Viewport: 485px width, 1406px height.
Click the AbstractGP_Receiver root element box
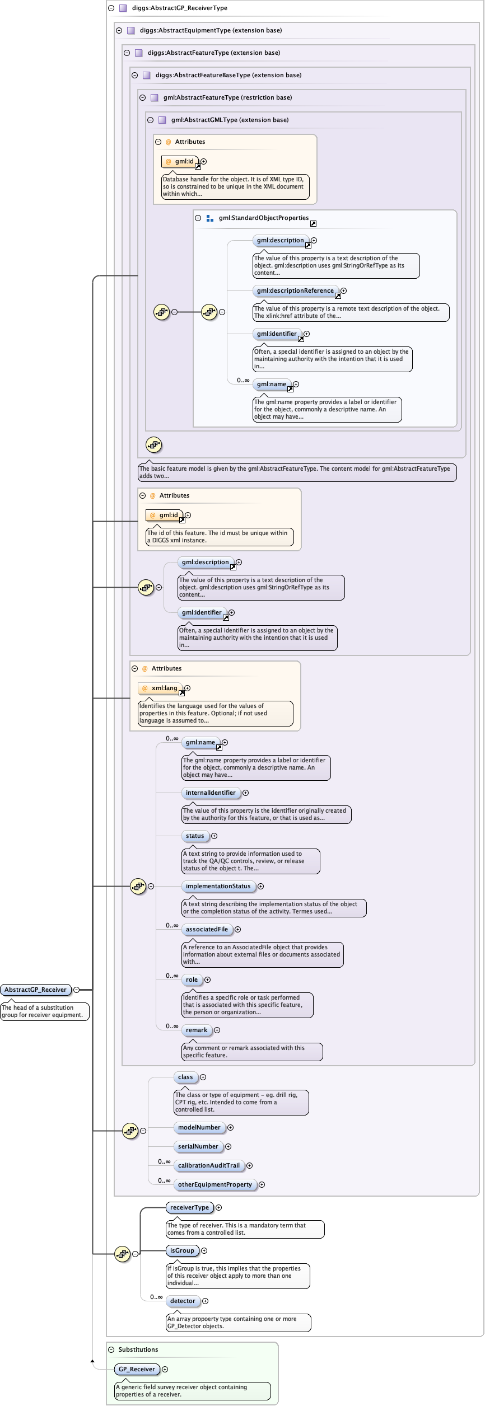click(x=36, y=990)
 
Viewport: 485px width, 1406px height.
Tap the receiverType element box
click(x=189, y=1207)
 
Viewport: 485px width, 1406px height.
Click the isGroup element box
click(x=183, y=1250)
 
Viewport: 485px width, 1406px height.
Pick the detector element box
click(x=183, y=1301)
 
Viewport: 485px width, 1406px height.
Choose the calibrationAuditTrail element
click(x=209, y=1165)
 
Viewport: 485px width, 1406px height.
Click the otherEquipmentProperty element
click(x=215, y=1184)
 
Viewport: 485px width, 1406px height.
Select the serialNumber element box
click(x=198, y=1146)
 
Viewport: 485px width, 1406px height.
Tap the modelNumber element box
click(x=199, y=1127)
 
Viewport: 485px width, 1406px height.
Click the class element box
click(x=185, y=1077)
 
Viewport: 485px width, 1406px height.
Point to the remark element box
click(x=197, y=1030)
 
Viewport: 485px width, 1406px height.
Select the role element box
click(x=192, y=979)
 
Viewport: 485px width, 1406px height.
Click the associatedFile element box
click(x=207, y=929)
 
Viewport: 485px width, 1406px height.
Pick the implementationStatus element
click(x=218, y=886)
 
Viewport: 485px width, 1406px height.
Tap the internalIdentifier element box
click(x=211, y=793)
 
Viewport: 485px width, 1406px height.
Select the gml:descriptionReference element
click(x=295, y=290)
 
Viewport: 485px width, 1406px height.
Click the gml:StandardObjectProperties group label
click(x=264, y=218)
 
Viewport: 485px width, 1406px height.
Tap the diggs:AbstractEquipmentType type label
click(x=211, y=30)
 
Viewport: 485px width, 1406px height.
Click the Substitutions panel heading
click(x=138, y=1349)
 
